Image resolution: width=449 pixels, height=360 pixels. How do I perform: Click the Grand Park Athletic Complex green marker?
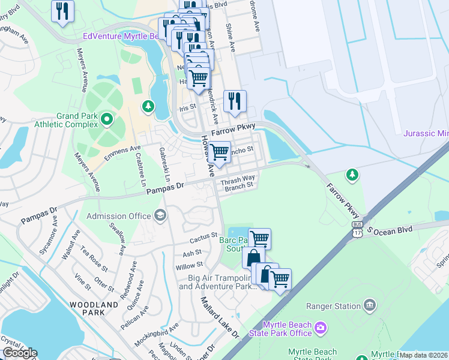[x=107, y=119]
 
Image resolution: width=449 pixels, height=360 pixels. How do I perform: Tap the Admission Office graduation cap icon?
[x=160, y=215]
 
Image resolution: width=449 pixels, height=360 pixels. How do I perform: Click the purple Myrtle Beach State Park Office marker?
[x=321, y=328]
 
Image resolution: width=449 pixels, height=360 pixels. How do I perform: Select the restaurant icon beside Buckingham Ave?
[x=62, y=11]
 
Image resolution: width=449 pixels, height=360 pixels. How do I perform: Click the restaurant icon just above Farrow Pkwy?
[x=235, y=100]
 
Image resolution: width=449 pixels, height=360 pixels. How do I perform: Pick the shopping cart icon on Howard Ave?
[x=219, y=152]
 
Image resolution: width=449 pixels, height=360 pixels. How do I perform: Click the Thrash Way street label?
[x=238, y=179]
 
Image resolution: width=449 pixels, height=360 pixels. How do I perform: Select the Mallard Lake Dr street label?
[x=220, y=317]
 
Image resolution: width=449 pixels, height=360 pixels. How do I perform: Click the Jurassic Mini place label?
[x=425, y=133]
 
